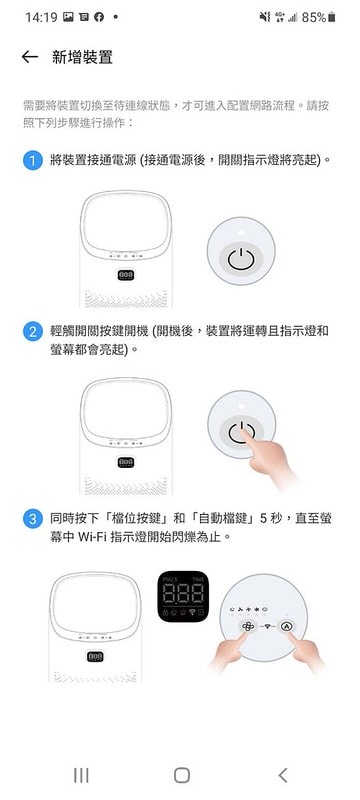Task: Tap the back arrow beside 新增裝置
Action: point(30,57)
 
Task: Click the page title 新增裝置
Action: point(82,57)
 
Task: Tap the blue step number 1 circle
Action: point(33,161)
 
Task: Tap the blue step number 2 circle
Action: point(33,332)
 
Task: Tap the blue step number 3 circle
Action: point(33,519)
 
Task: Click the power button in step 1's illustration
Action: point(241,260)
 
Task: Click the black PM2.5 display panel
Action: point(183,596)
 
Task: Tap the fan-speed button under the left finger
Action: point(247,626)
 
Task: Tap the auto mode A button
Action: point(286,626)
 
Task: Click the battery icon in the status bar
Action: point(332,17)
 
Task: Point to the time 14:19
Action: point(41,17)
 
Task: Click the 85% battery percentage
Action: point(314,17)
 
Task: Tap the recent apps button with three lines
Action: point(81,775)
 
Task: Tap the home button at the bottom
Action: point(182,775)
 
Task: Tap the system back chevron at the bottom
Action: point(283,775)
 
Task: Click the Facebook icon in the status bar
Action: point(99,17)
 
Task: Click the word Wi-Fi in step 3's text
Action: point(93,537)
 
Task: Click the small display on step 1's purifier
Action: point(126,276)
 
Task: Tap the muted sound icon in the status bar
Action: point(265,17)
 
